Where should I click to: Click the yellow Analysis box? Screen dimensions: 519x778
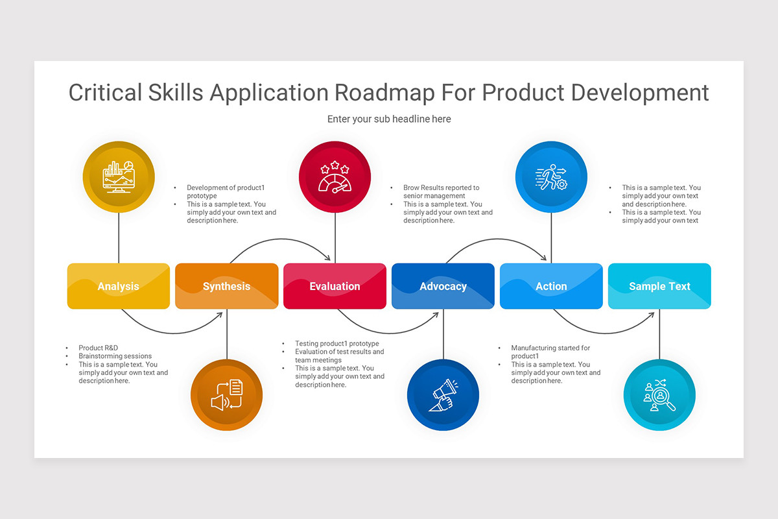[x=119, y=286]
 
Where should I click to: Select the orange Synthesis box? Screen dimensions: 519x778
[x=226, y=286]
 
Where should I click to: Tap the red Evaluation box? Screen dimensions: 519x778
[x=335, y=286]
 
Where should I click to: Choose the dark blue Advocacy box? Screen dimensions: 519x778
[x=443, y=286]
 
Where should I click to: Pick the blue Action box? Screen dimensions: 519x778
[x=551, y=286]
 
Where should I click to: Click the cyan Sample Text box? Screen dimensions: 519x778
[x=659, y=286]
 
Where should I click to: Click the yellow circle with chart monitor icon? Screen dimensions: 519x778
[x=119, y=177]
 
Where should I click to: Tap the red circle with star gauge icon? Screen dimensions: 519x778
[x=335, y=177]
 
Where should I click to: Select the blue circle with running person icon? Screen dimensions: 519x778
[x=551, y=177]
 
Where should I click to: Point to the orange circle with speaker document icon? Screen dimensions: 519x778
[x=226, y=395]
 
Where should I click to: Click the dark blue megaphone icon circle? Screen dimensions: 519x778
[x=443, y=395]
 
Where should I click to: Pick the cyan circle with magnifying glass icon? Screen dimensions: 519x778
[x=659, y=395]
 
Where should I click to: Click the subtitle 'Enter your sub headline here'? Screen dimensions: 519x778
[x=389, y=119]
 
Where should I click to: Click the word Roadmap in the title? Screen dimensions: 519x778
[x=384, y=92]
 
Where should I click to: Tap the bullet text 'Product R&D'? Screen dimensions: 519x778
[x=99, y=348]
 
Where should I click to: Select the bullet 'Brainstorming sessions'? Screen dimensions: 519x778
[x=115, y=356]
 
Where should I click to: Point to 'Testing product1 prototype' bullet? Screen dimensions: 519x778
[x=336, y=344]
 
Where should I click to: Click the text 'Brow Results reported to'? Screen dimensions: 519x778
[x=441, y=187]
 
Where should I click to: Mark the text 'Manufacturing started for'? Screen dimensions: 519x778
[x=550, y=348]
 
